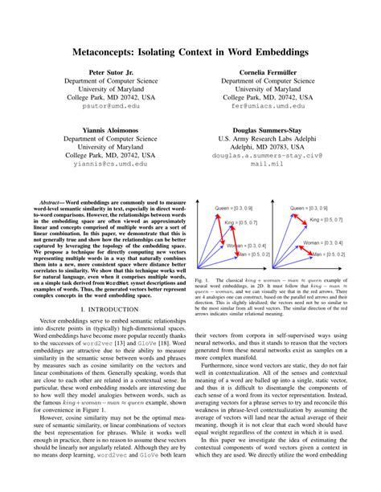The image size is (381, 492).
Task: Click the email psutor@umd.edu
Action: click(x=107, y=106)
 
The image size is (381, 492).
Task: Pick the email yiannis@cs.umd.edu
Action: click(x=107, y=163)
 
